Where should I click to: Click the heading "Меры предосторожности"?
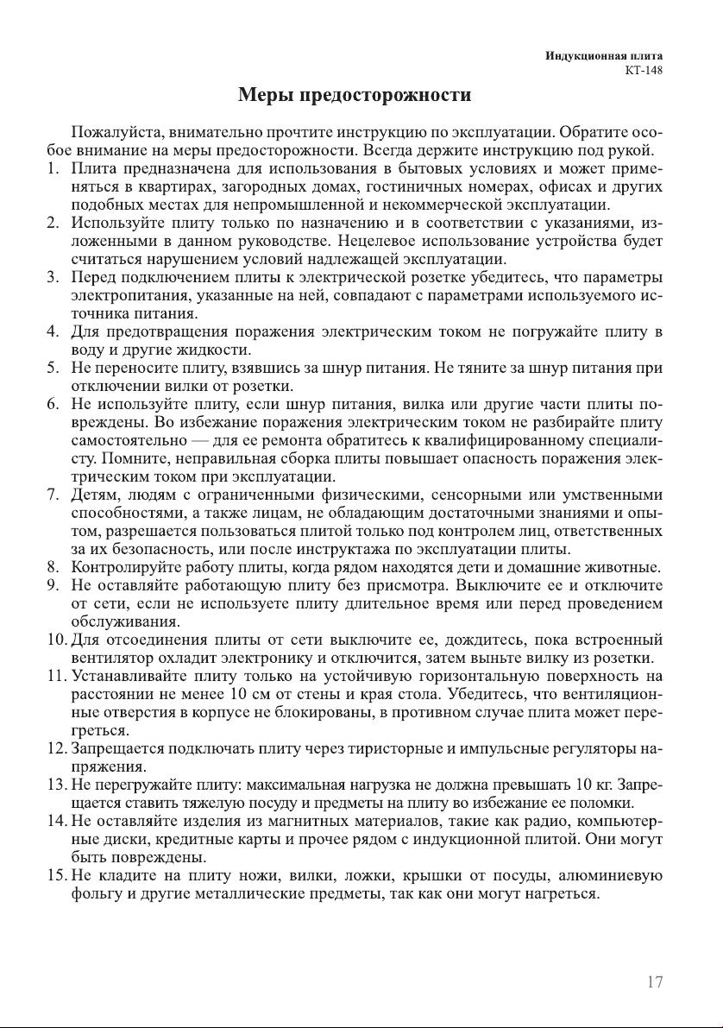(355, 95)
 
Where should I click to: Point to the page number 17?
(654, 982)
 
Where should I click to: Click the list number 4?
(52, 331)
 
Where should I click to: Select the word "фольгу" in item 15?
(97, 893)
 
